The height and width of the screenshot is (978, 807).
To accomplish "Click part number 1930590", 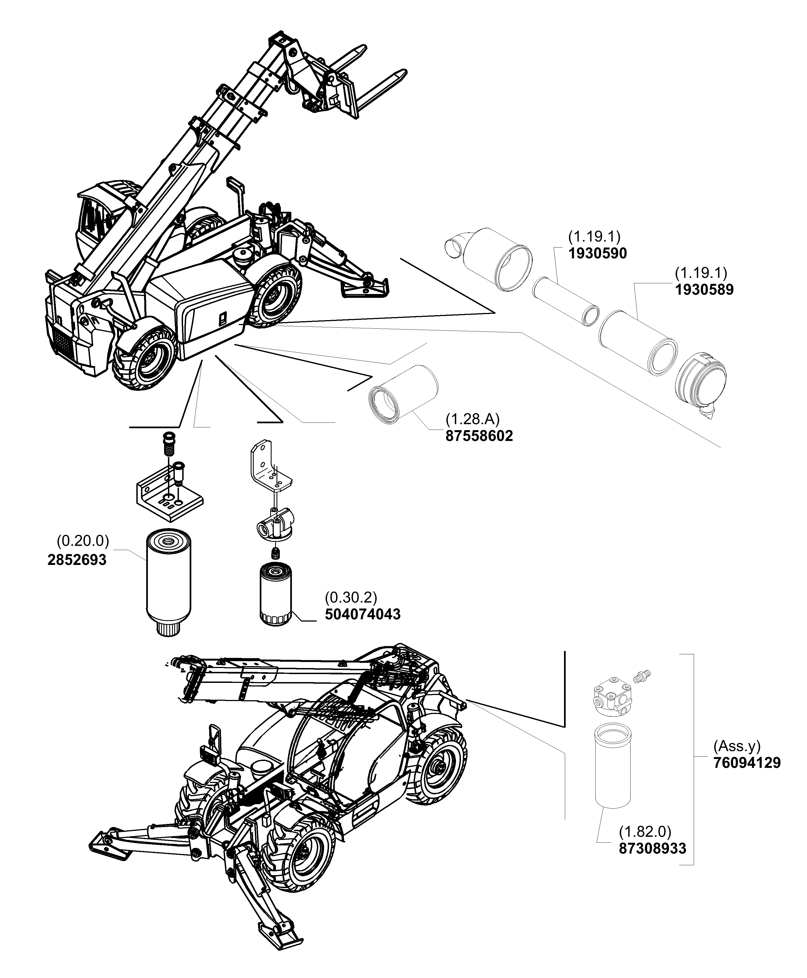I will click(597, 254).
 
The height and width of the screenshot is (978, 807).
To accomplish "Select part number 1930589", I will click(704, 290).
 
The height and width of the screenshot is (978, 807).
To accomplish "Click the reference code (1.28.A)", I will click(472, 419).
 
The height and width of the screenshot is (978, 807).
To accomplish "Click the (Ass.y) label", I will click(737, 746).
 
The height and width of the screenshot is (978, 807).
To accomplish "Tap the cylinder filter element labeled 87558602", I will click(403, 394).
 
